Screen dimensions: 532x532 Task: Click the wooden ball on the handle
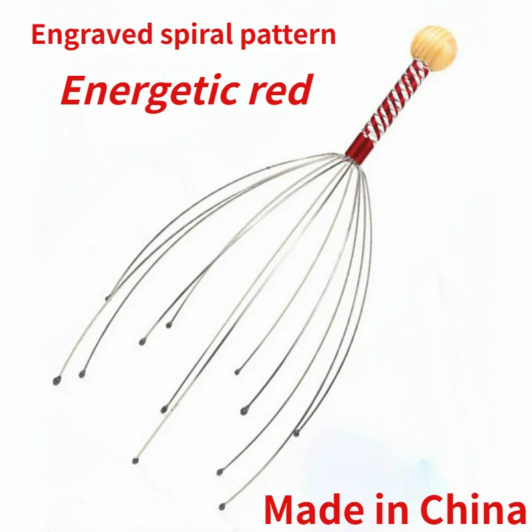434,43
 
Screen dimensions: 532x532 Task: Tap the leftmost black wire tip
56,381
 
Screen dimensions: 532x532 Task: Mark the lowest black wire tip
221,507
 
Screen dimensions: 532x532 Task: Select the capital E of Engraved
37,35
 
